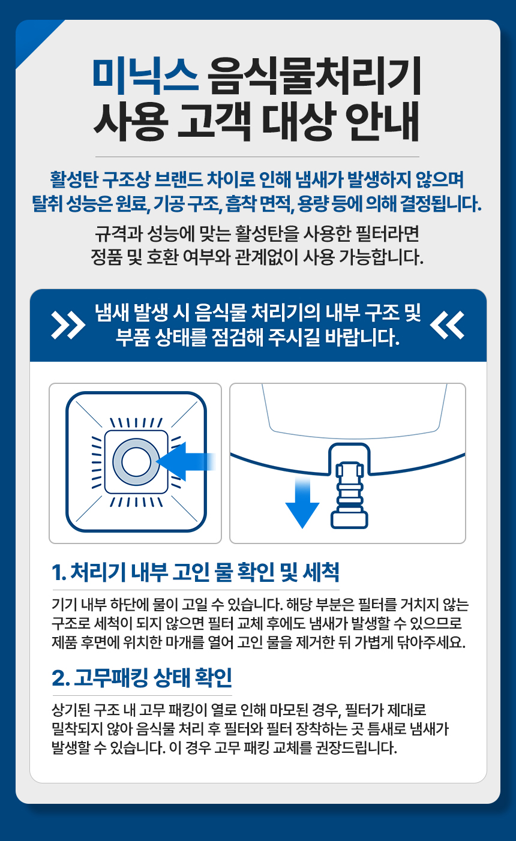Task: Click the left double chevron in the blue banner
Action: coord(68,325)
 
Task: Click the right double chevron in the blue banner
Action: coord(448,325)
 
